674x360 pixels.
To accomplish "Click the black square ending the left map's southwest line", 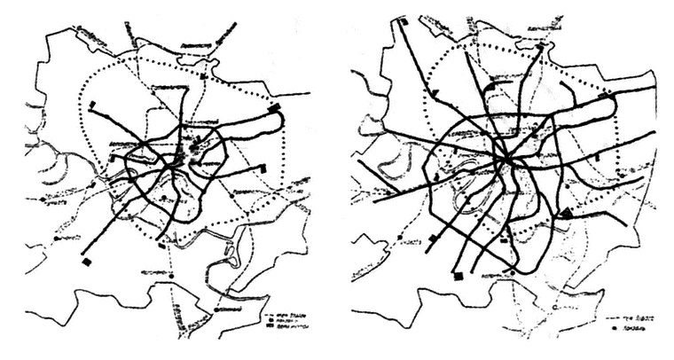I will point(87,262).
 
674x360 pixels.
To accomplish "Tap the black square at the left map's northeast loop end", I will point(274,108).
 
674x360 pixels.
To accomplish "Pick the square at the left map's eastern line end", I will point(263,167).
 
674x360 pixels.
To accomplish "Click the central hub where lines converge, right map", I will point(505,160).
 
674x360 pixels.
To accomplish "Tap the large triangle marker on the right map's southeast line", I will point(564,211).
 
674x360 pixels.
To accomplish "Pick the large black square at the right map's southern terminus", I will point(458,278).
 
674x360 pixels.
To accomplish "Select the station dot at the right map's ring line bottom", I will point(512,266).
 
